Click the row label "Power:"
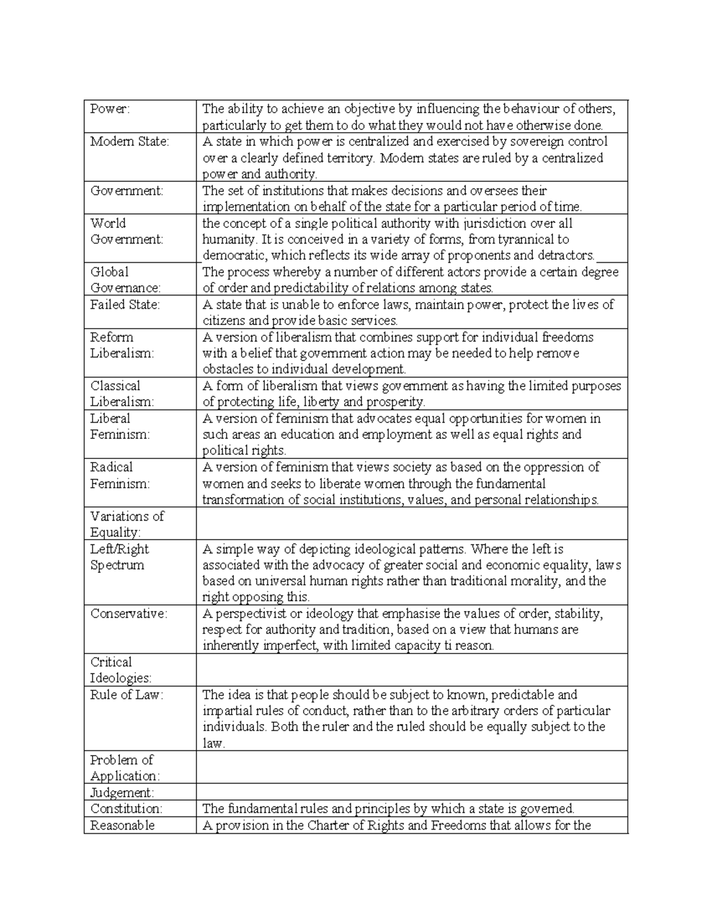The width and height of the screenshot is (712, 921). pos(110,109)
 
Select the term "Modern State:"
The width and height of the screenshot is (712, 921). pos(129,142)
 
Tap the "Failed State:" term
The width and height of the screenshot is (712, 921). pos(125,305)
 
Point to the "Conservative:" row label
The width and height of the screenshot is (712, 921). pos(129,614)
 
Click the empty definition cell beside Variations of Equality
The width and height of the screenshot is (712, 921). pos(411,524)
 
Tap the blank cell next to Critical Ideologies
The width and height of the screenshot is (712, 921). pos(411,670)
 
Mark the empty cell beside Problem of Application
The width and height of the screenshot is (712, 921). pos(411,767)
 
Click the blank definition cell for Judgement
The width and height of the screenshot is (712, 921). pos(411,792)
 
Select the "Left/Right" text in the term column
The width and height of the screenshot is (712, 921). pos(119,549)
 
